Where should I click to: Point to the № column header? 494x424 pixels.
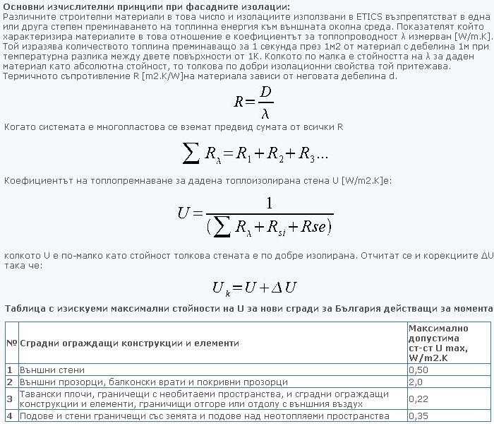(11, 343)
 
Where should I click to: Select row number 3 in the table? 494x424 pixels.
(10, 399)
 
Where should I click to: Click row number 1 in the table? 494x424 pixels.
(10, 370)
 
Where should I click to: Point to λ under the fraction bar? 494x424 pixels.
(265, 112)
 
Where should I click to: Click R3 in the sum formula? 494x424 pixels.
(306, 153)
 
